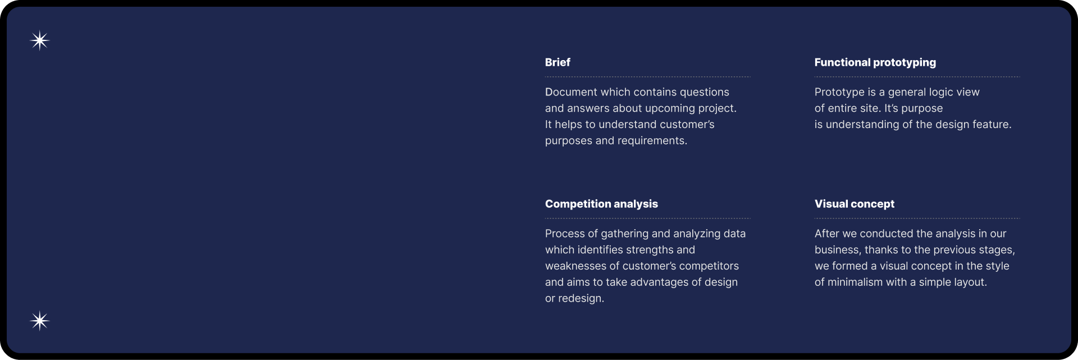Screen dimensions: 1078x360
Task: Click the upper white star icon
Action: (x=40, y=40)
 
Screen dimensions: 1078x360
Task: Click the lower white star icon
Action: (x=40, y=321)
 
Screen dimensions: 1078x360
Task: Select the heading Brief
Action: (x=558, y=62)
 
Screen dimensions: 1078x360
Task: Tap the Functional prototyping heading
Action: (x=875, y=62)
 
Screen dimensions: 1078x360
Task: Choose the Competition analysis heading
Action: (x=601, y=204)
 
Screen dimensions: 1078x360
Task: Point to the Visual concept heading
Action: (x=855, y=204)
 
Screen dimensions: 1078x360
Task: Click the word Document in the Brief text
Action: (x=571, y=92)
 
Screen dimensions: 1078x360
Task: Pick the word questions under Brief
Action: (x=705, y=93)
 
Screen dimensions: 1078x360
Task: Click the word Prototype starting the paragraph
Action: (x=839, y=93)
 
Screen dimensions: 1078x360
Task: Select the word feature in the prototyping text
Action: (x=993, y=125)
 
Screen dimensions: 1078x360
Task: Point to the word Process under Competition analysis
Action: (x=565, y=234)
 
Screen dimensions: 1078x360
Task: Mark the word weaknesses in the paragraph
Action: (x=575, y=266)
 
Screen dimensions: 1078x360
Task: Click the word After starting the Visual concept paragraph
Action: (x=827, y=234)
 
